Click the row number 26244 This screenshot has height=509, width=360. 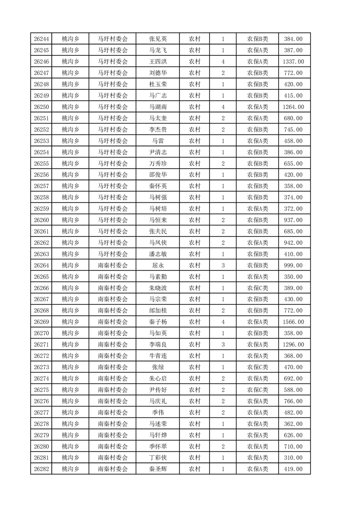[x=41, y=39]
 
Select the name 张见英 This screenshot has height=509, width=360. [x=158, y=39]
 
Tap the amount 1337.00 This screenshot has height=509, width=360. [x=293, y=62]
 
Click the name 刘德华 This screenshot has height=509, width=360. [x=158, y=73]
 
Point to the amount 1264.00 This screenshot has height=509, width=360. [x=293, y=107]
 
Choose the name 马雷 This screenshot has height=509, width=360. [x=158, y=141]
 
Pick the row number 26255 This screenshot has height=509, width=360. [x=41, y=164]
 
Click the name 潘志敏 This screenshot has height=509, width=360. [x=158, y=254]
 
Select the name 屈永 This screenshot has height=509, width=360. [x=158, y=265]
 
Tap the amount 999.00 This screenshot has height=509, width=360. [x=293, y=265]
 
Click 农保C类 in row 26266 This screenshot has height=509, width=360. [x=257, y=288]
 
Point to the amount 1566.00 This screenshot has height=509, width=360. [x=293, y=322]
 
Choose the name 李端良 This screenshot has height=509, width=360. [x=158, y=345]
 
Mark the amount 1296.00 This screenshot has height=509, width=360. [x=293, y=345]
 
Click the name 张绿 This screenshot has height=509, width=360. [x=158, y=367]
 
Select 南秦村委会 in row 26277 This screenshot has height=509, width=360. [x=113, y=412]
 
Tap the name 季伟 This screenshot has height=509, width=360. [x=158, y=412]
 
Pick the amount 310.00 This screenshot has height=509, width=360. [x=293, y=458]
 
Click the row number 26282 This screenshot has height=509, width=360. [x=41, y=469]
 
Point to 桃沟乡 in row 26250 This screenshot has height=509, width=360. [x=70, y=107]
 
